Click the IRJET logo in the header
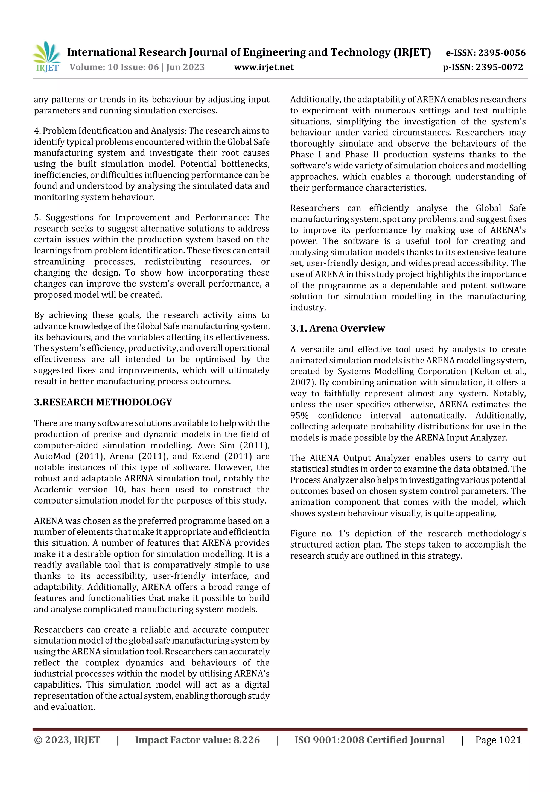coord(46,57)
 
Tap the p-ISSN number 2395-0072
coord(499,67)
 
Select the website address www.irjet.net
coord(264,67)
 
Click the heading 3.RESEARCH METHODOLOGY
coord(103,402)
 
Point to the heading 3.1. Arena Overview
coord(337,328)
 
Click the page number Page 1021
coord(498,740)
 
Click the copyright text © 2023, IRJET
coord(67,740)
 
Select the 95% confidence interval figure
coord(299,415)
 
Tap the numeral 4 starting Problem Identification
coord(37,131)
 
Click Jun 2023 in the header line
coord(185,67)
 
